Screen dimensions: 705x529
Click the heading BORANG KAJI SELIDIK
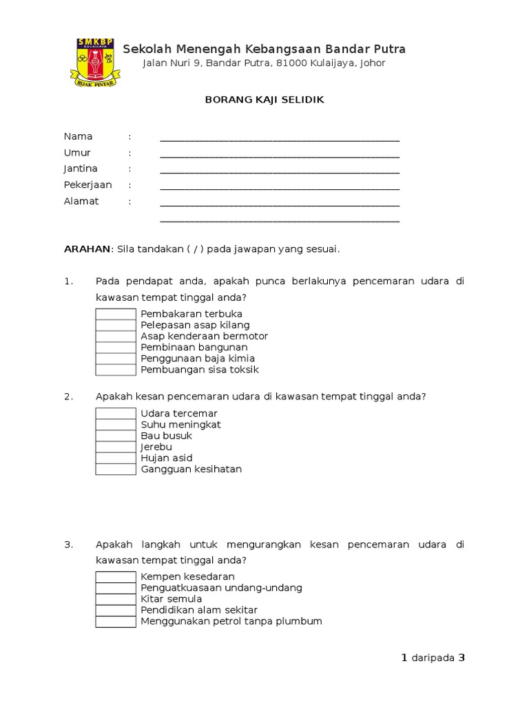point(264,100)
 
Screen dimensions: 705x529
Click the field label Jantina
point(81,169)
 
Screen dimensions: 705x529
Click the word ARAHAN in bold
point(87,249)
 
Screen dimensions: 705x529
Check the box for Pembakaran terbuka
point(116,314)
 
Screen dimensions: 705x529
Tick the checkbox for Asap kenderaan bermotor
point(116,337)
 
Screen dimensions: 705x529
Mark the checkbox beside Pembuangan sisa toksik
point(116,370)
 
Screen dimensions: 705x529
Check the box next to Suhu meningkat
point(116,425)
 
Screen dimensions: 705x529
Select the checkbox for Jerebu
point(116,447)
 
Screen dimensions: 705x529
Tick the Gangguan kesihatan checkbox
point(116,470)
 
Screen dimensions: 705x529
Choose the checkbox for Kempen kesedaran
point(116,577)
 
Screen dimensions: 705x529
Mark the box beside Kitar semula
point(116,599)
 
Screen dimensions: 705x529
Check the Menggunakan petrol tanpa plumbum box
point(116,622)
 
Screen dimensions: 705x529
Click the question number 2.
point(68,397)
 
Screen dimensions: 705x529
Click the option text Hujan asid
point(167,458)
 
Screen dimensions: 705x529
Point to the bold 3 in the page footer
point(462,658)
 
